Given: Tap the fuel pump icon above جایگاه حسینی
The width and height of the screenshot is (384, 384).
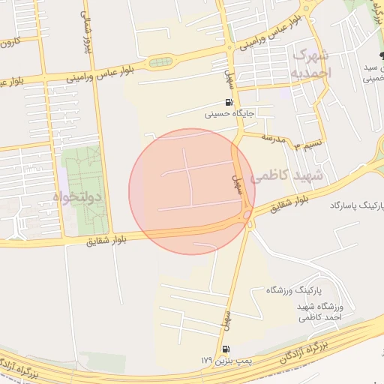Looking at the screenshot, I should pos(228,103).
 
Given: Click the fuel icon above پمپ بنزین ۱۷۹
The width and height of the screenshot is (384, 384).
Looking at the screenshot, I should pos(226,349).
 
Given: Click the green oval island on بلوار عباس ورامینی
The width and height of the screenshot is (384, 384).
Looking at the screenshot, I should pos(160,62).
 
